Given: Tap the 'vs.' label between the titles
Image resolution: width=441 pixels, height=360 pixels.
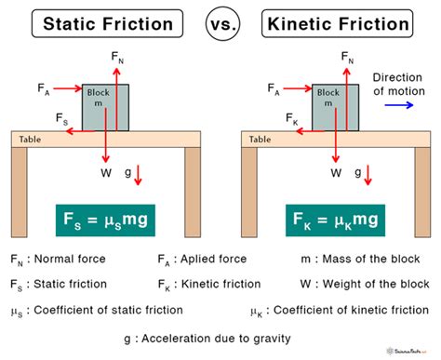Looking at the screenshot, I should tap(221, 21).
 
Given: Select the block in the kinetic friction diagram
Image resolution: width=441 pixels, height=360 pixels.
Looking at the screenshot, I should tap(341, 107).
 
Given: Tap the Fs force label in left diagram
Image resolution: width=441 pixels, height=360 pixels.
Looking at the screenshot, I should tap(60, 120).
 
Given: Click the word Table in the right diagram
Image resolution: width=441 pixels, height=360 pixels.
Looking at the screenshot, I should tap(261, 139).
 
